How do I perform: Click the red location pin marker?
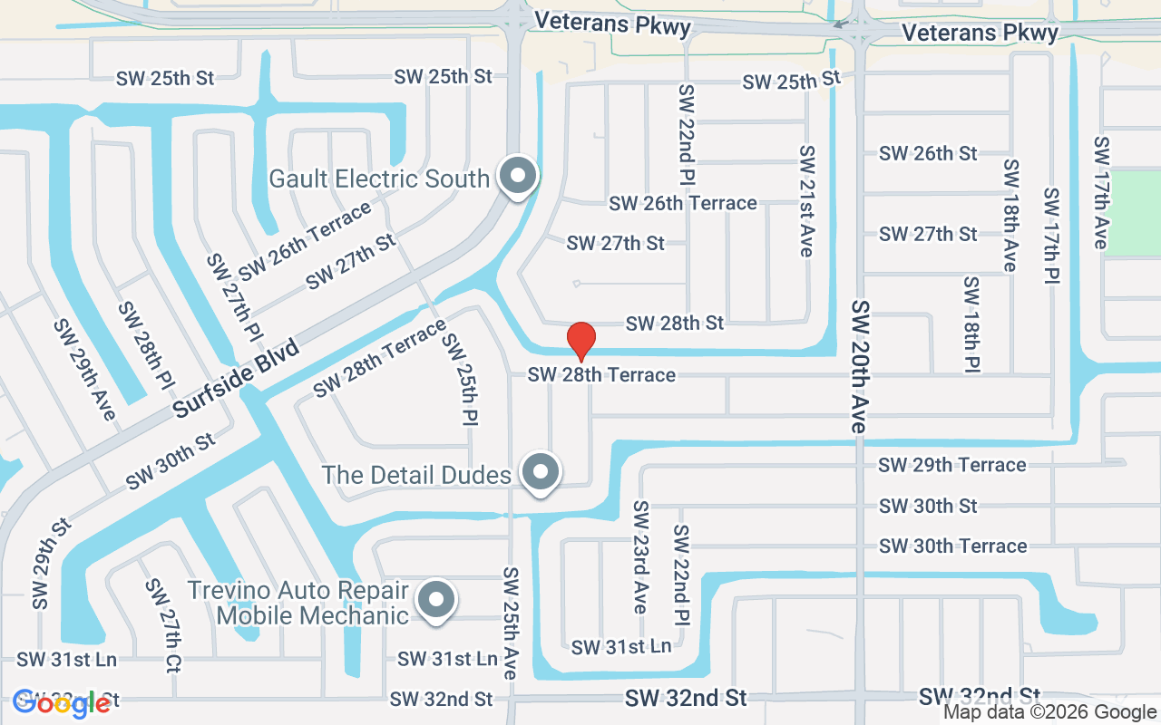pyautogui.click(x=580, y=341)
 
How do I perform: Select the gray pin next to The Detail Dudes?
pyautogui.click(x=541, y=472)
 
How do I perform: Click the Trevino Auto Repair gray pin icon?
pyautogui.click(x=436, y=600)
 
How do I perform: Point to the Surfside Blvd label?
pyautogui.click(x=235, y=379)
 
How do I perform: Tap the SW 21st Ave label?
pyautogui.click(x=806, y=200)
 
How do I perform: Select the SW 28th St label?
pyautogui.click(x=675, y=323)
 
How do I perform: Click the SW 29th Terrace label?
pyautogui.click(x=952, y=465)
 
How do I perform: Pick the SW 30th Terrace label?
pyautogui.click(x=952, y=546)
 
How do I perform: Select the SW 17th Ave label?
pyautogui.click(x=1101, y=192)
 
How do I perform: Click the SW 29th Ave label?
pyautogui.click(x=84, y=369)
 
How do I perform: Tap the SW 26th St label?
pyautogui.click(x=928, y=153)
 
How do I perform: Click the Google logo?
pyautogui.click(x=61, y=703)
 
